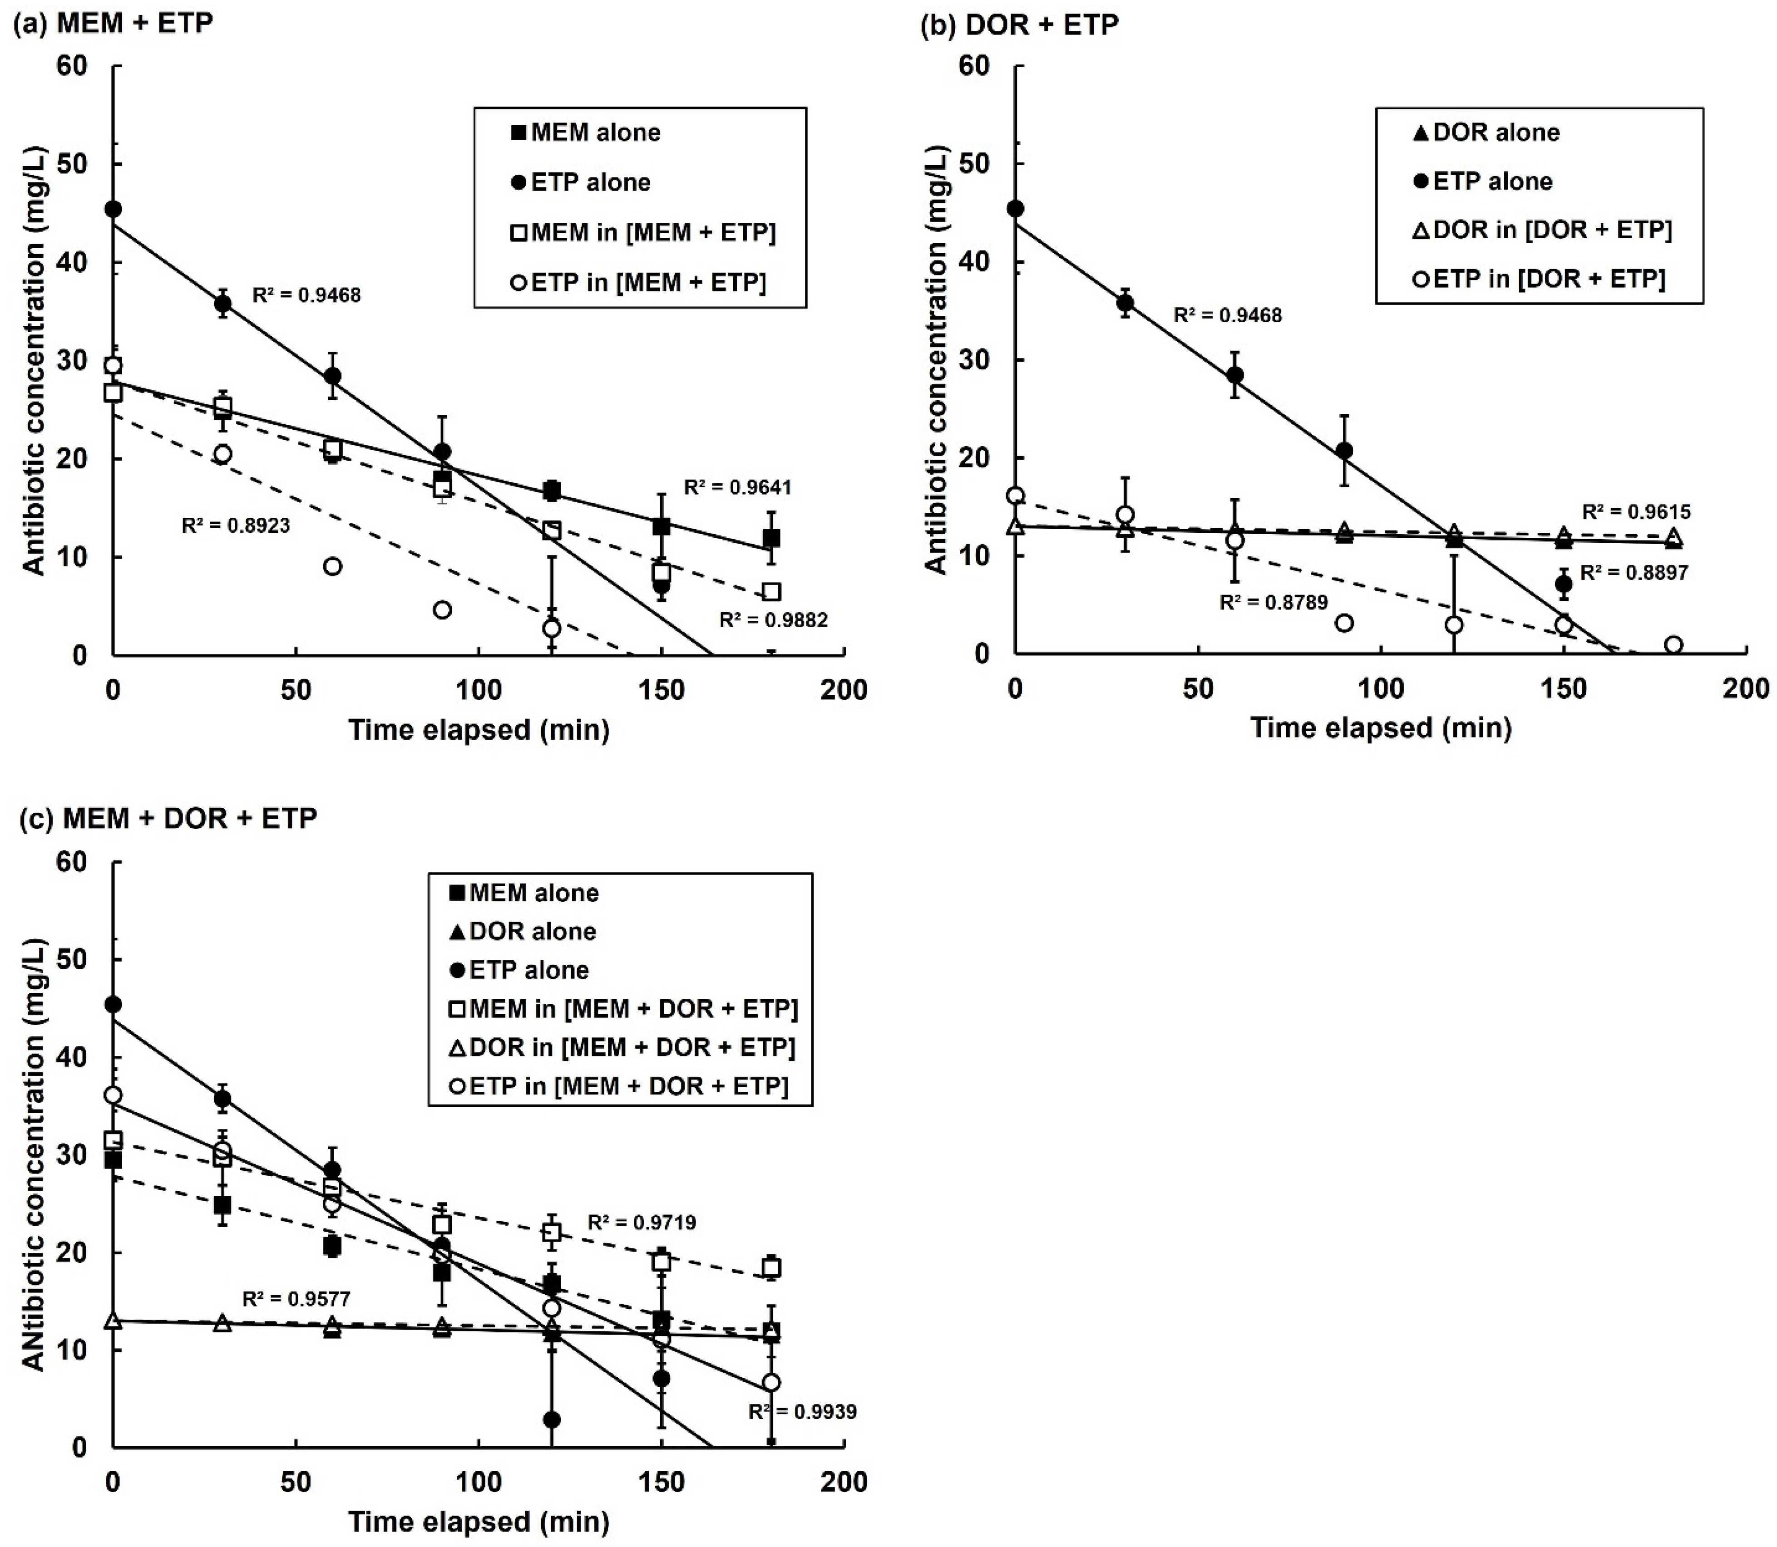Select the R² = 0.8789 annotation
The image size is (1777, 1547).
1273,603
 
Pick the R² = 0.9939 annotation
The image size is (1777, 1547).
802,1411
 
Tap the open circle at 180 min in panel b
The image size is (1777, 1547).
1673,645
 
